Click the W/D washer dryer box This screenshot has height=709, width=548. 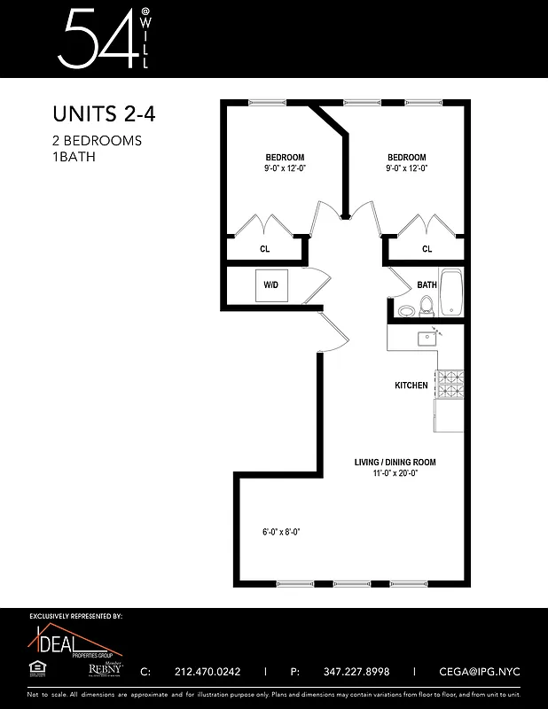[270, 285]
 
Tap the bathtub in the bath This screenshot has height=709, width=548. [451, 292]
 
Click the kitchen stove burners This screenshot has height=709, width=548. [450, 385]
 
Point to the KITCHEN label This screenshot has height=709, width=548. [411, 386]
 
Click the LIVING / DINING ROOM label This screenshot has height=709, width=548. [395, 462]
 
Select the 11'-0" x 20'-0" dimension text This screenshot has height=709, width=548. [395, 473]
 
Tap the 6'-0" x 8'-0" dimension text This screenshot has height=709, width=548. [281, 532]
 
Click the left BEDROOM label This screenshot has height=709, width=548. [285, 158]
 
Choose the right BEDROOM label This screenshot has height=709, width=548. [406, 158]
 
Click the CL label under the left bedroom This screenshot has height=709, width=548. [264, 250]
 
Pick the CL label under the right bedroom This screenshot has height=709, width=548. [427, 250]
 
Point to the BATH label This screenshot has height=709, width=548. [427, 285]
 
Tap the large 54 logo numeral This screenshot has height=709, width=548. [92, 39]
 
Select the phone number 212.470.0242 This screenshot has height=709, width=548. [208, 672]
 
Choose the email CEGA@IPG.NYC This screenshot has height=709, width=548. [480, 672]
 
